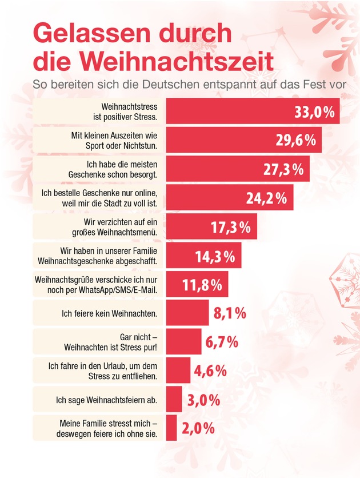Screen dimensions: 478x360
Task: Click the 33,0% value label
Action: tap(314, 111)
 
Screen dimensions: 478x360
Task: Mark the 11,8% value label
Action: tap(203, 285)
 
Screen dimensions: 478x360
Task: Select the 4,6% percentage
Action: tap(207, 371)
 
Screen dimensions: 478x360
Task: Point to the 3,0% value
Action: tap(204, 400)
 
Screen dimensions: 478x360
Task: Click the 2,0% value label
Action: tap(198, 428)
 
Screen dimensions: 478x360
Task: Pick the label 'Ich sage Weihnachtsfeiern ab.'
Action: tap(112, 400)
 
